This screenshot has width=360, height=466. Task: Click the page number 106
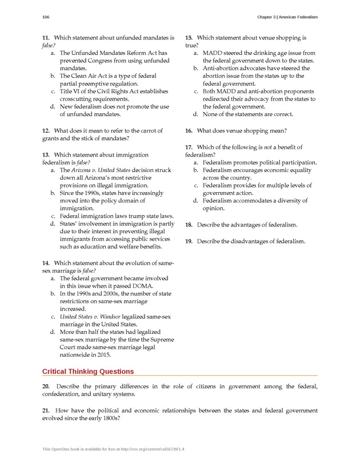[x=46, y=17]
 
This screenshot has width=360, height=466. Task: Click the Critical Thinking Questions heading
[x=88, y=372]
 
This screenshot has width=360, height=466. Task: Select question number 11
[x=46, y=38]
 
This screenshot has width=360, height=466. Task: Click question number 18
[x=189, y=225]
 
